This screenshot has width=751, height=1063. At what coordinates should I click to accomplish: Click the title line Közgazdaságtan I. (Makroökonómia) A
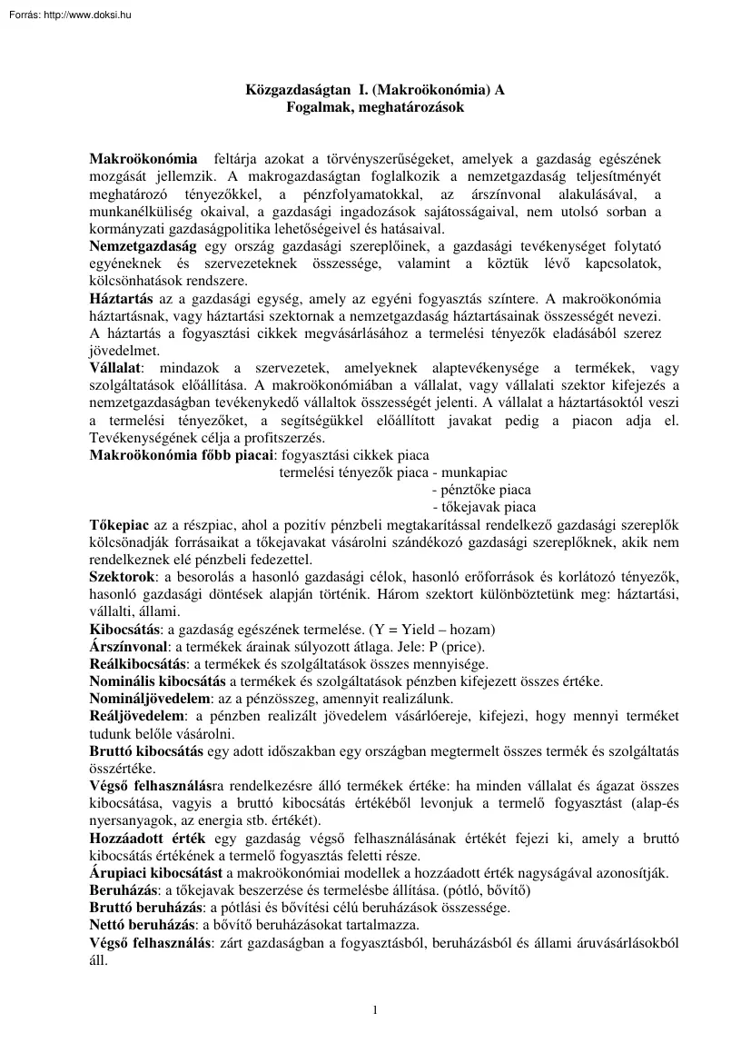point(375,90)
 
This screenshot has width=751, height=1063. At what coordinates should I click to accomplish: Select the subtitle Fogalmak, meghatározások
point(375,106)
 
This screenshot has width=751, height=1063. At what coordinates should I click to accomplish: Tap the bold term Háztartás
point(121,298)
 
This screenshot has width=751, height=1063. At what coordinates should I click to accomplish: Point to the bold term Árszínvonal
point(129,647)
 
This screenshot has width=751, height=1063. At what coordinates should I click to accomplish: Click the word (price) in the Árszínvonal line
point(463,647)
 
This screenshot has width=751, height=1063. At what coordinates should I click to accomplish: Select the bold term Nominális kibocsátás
point(158,681)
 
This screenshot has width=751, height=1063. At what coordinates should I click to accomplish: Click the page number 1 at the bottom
point(375,1008)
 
